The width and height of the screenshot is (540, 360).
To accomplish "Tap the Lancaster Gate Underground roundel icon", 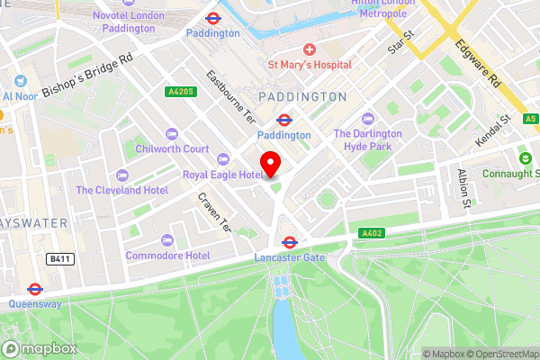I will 290,241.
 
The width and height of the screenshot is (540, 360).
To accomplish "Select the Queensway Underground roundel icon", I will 35,290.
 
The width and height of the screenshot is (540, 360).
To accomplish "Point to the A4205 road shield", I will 178,92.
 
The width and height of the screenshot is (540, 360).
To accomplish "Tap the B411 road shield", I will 58,258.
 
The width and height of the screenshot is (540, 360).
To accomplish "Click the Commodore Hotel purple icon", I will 167,239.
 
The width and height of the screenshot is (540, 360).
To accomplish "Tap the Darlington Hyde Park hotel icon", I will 367,119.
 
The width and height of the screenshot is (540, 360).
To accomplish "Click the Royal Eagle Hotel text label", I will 222,175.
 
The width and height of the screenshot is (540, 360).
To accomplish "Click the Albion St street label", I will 464,187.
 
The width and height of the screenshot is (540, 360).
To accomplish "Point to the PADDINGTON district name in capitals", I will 301,96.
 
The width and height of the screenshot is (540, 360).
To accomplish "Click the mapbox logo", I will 40,348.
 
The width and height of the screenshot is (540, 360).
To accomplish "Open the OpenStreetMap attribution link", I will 494,354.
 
